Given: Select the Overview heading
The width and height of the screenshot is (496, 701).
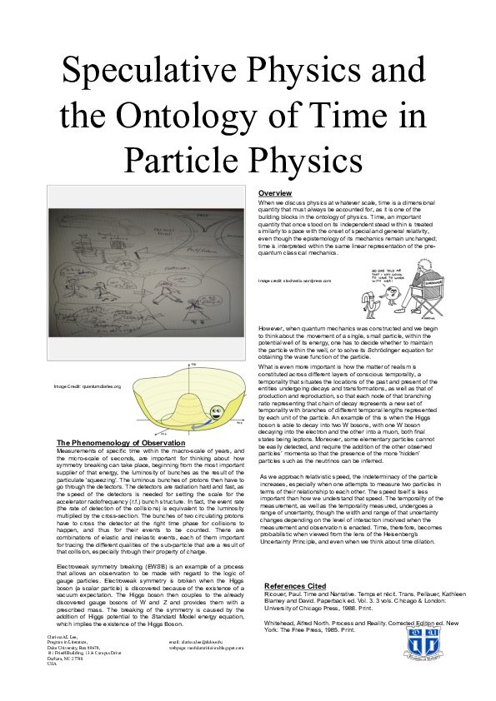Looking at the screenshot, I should (x=274, y=193).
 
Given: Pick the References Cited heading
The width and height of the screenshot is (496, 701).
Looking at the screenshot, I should (x=296, y=585).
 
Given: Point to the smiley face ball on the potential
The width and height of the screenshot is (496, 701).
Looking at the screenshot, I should (x=214, y=409).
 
